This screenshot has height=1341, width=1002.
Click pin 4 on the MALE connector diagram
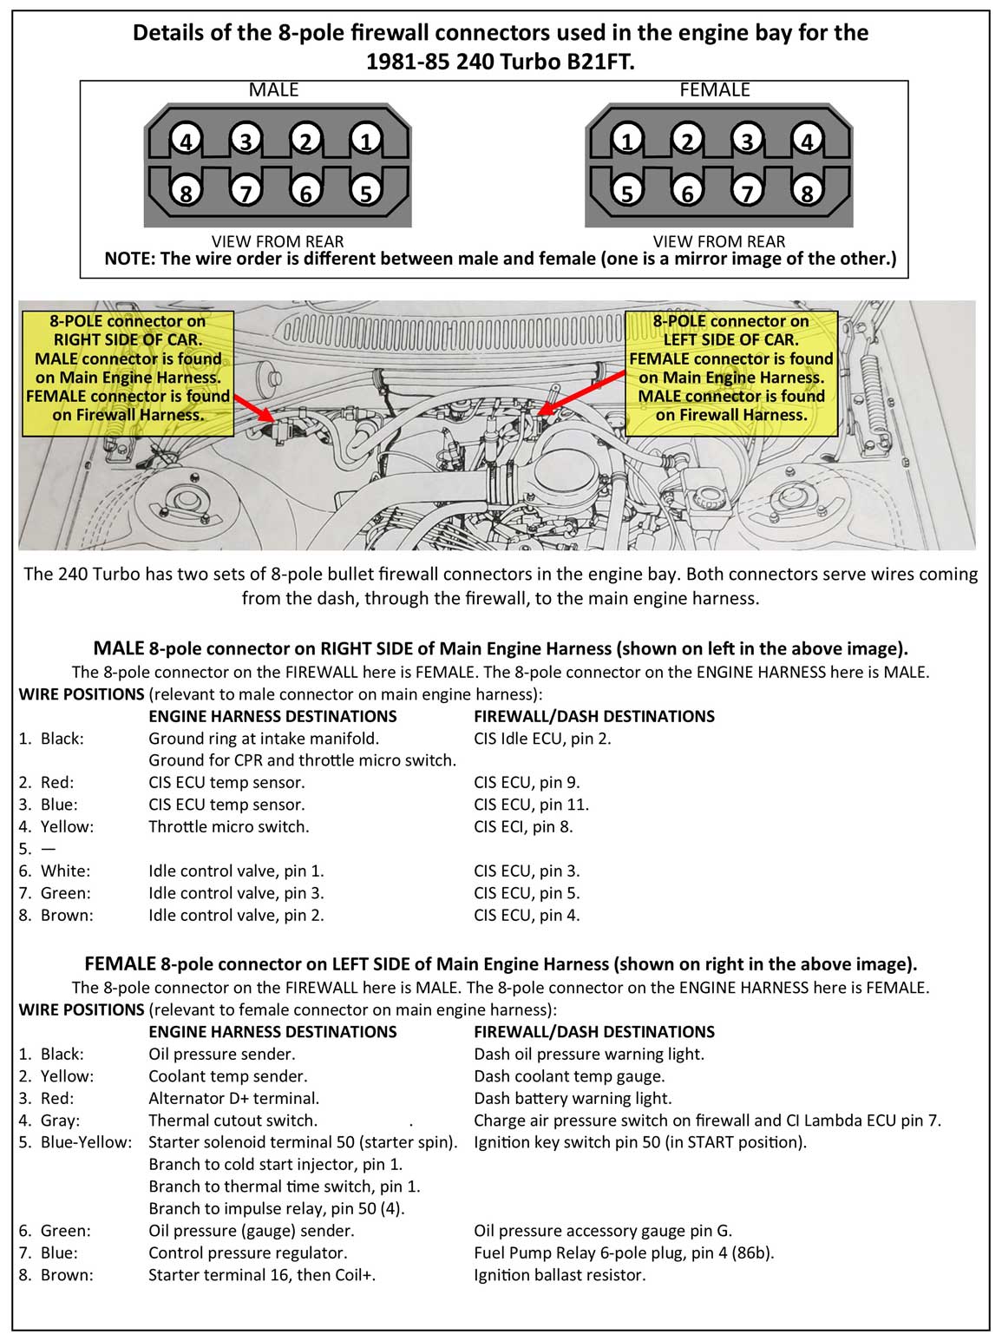[186, 141]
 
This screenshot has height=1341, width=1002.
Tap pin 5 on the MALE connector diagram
[366, 192]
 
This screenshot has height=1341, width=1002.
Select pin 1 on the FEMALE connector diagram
[626, 141]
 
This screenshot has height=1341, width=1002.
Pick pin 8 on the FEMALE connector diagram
[807, 192]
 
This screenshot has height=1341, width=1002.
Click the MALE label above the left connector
[273, 90]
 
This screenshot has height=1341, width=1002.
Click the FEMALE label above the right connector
[715, 90]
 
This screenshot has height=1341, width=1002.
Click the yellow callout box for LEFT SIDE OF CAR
[731, 368]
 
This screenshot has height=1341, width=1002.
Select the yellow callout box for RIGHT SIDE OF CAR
[128, 368]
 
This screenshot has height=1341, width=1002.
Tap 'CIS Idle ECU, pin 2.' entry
[542, 739]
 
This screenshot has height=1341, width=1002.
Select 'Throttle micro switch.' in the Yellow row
[228, 827]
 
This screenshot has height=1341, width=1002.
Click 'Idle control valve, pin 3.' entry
[236, 893]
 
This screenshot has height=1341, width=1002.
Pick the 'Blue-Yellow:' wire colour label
[86, 1142]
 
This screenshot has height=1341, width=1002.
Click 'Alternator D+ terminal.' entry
[233, 1098]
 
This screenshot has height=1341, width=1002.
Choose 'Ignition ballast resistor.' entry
[560, 1275]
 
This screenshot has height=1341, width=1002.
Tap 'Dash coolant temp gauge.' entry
[569, 1076]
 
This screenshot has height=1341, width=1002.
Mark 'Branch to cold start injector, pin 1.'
[276, 1165]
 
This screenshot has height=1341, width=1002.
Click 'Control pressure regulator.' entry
[247, 1252]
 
